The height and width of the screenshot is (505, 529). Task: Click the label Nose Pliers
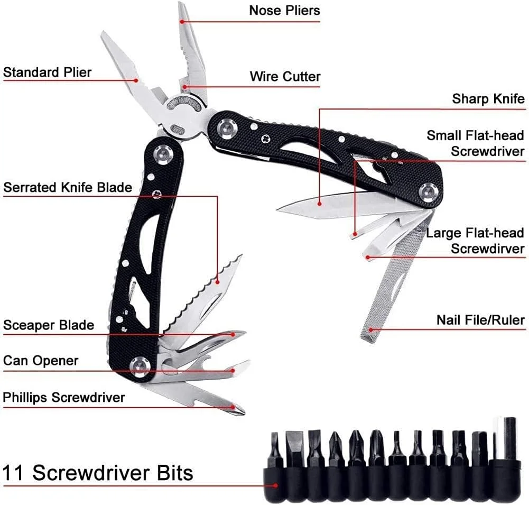click(x=284, y=10)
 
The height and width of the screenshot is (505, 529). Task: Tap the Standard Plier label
click(x=47, y=72)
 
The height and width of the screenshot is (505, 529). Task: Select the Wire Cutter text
click(x=285, y=77)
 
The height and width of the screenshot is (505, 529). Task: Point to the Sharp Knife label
click(x=488, y=99)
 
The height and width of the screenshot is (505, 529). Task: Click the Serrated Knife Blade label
click(x=68, y=187)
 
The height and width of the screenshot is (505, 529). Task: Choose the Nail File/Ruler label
click(x=480, y=320)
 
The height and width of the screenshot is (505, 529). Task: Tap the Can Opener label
click(x=41, y=361)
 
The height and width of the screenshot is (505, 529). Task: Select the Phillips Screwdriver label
click(x=64, y=397)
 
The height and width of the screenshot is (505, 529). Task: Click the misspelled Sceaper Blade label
click(x=49, y=325)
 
